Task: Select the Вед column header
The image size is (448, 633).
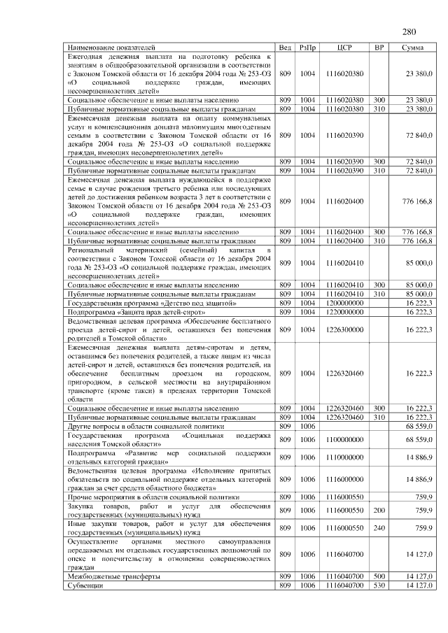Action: tap(285, 47)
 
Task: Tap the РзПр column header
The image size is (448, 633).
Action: tap(307, 47)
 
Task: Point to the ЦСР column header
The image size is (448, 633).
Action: tap(344, 47)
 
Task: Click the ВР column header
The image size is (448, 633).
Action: tap(379, 47)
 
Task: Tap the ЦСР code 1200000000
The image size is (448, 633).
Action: tap(344, 303)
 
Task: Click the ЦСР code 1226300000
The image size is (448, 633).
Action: tap(344, 329)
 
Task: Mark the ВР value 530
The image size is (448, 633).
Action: tap(379, 585)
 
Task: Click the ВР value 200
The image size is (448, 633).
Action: tap(379, 511)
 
